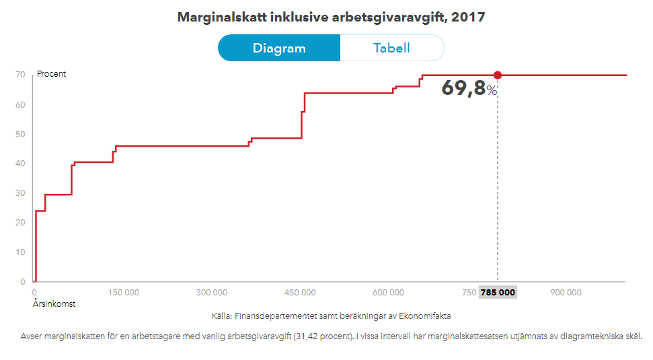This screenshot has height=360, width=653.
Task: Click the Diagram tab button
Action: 279,48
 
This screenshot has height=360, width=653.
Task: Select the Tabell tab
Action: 391,48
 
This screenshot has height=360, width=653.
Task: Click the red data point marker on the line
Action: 498,75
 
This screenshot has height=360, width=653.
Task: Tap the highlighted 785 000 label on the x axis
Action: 498,293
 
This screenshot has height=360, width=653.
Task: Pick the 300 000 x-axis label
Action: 211,293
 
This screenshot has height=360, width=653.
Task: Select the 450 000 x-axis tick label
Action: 300,293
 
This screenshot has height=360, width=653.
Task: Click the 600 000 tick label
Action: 389,293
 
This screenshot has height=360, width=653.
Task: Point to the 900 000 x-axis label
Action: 566,293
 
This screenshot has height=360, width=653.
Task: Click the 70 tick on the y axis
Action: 21,75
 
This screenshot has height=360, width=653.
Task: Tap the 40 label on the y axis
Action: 21,164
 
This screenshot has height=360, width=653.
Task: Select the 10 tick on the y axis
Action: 21,252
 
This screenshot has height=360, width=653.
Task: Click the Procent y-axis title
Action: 52,74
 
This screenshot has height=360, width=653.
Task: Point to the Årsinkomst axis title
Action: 54,304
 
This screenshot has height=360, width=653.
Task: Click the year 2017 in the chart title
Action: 468,17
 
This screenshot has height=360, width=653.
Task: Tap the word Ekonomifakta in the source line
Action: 426,316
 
